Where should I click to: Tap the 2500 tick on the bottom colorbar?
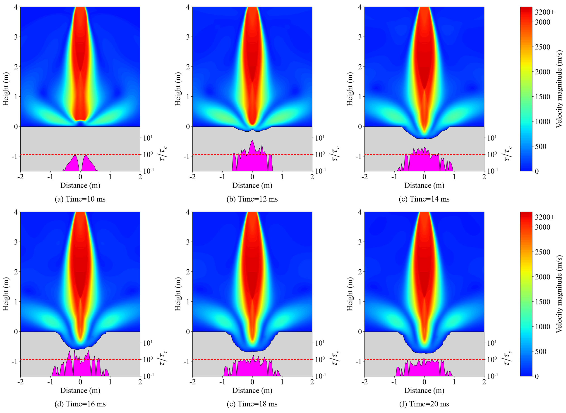tap(542, 252)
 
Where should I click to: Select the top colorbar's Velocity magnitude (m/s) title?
tap(559, 89)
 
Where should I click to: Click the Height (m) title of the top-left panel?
tap(5, 89)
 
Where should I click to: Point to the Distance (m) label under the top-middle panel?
tap(252, 185)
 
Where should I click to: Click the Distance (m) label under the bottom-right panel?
tap(424, 390)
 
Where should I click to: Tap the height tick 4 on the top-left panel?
tap(16, 7)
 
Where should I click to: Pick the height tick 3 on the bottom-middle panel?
tap(188, 242)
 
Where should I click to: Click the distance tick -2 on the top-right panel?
tap(365, 177)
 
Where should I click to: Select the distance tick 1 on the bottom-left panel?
tap(110, 382)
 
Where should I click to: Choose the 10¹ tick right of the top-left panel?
tap(148, 138)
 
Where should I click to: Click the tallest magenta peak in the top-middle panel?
tap(252, 140)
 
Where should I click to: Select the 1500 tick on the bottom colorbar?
tap(542, 302)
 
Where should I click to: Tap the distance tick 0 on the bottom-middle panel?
tap(252, 382)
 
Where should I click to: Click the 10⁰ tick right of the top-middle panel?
tap(320, 154)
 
